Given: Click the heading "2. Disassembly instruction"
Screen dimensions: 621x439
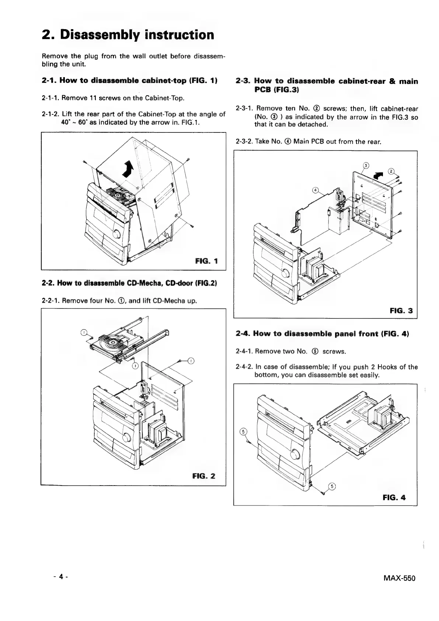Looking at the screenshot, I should click(x=128, y=35).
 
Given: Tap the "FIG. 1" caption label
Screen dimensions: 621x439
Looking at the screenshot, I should click(x=206, y=261).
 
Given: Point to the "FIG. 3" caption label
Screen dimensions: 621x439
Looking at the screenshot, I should click(x=401, y=311).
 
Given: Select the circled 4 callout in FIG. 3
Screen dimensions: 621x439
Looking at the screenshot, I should click(x=315, y=190).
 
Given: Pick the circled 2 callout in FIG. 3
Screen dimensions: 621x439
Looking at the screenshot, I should click(x=391, y=171).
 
